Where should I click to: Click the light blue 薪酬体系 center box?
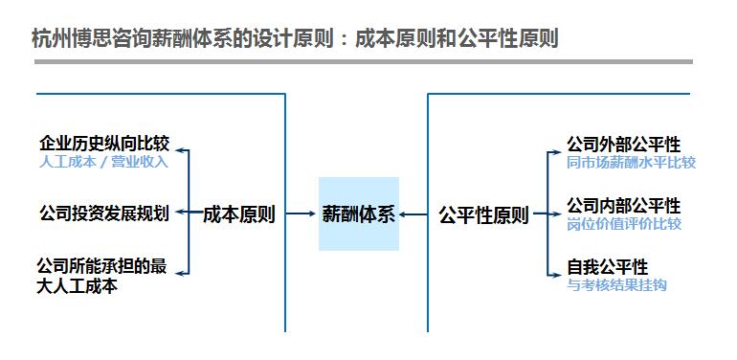click(x=358, y=214)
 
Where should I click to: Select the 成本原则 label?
click(x=239, y=214)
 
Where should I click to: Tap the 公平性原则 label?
click(x=483, y=214)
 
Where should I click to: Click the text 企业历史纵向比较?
click(x=104, y=144)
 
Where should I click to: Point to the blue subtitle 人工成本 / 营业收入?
click(x=104, y=161)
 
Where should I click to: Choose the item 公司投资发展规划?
click(x=104, y=214)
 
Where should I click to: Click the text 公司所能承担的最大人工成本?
click(x=101, y=275)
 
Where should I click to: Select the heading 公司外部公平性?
click(x=623, y=145)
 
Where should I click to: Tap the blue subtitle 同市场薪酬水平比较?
click(x=630, y=162)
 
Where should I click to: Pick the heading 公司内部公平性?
click(x=623, y=206)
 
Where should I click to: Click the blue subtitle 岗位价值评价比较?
click(x=623, y=223)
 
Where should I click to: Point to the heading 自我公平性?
click(x=607, y=267)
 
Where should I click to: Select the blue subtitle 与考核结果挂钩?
click(x=616, y=284)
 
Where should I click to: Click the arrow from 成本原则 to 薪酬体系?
click(x=298, y=214)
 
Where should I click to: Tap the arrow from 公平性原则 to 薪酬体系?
click(x=414, y=214)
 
